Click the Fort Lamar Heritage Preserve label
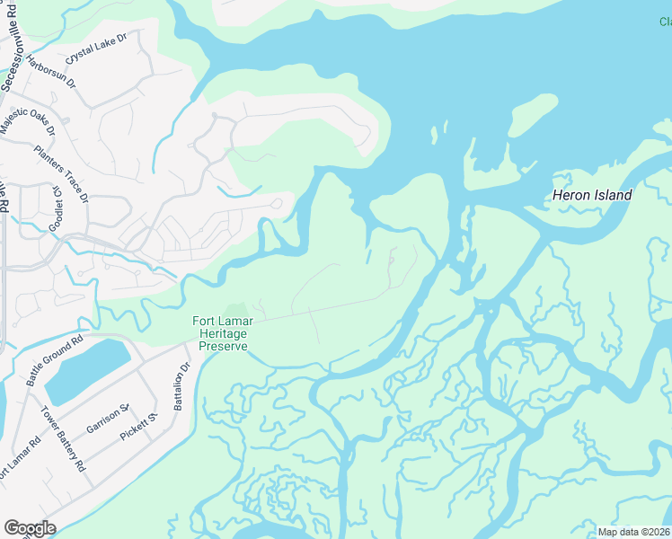219,333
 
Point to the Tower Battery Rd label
63,439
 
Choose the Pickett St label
138,427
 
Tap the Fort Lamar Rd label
20,460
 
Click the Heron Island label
591,195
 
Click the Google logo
30,528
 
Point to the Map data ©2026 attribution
633,532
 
